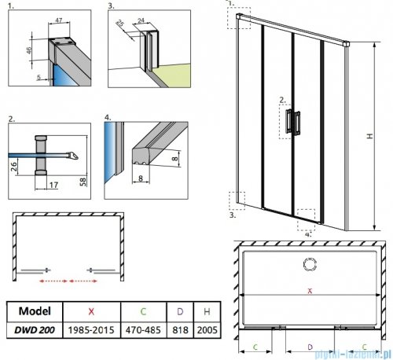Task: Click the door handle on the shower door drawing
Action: (291, 123)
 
